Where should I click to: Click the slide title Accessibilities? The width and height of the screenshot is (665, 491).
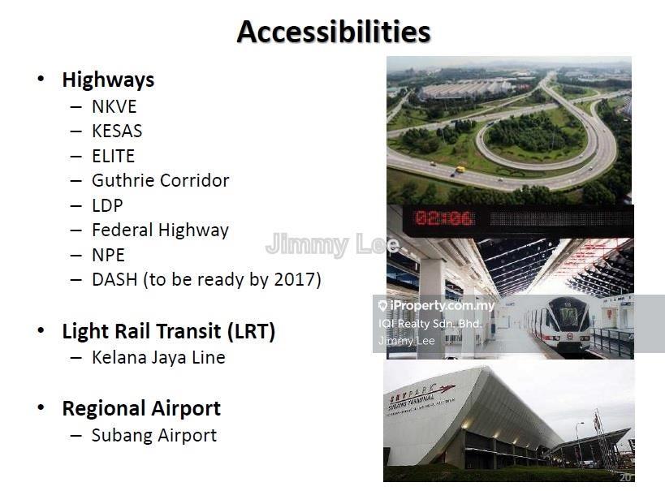334,32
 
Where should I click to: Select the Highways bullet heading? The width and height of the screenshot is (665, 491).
108,80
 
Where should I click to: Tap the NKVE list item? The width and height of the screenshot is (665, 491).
114,106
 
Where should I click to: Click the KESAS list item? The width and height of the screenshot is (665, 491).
117,131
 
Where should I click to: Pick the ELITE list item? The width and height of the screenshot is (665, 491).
113,156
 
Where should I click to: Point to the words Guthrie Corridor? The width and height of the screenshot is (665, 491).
160,181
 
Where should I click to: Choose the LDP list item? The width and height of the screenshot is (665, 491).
107,205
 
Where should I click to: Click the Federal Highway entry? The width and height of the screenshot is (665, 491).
160,230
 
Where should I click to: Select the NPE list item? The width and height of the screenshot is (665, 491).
108,256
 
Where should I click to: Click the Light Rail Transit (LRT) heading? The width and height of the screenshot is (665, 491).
169,332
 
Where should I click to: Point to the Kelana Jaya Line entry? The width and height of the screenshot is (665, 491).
158,357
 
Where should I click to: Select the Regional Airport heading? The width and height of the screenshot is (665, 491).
141,409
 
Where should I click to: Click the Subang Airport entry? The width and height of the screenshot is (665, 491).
154,436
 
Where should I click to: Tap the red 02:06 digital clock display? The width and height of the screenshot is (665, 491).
443,218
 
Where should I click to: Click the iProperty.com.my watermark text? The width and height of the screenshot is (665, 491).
442,306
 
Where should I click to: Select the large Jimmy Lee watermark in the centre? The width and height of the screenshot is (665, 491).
332,244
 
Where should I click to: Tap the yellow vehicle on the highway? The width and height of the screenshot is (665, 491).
460,170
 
